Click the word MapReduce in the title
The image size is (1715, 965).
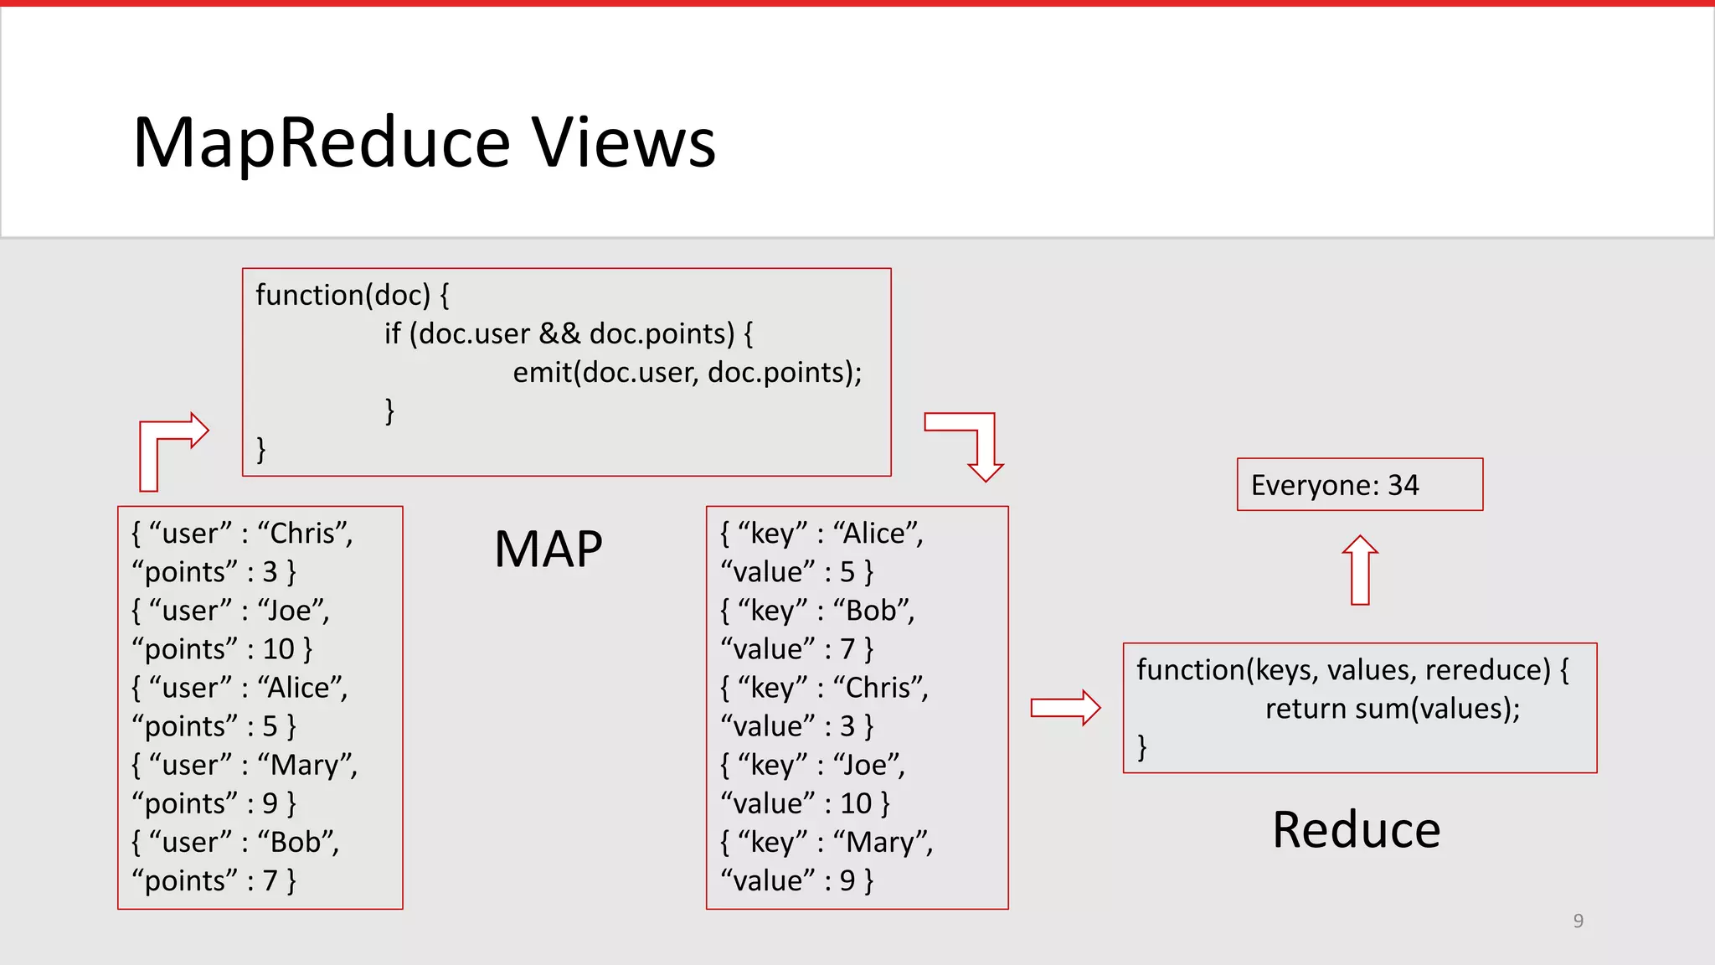(x=322, y=142)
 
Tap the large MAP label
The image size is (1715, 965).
(x=548, y=550)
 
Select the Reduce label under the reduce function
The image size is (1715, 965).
(x=1356, y=830)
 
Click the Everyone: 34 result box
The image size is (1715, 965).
(x=1359, y=484)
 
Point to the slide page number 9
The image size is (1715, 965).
(x=1578, y=921)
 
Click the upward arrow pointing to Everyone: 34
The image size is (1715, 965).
(x=1360, y=570)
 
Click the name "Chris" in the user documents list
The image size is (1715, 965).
(x=302, y=534)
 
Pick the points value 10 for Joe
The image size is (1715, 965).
(x=279, y=649)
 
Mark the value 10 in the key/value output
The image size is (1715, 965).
(x=856, y=804)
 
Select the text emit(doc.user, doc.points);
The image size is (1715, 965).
(x=687, y=372)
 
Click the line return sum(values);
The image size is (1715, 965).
(x=1392, y=709)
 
